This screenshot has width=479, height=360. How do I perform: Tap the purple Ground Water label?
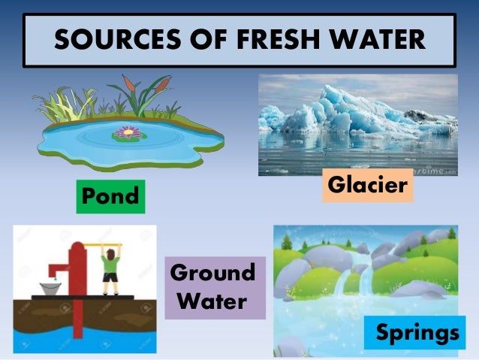[212, 286]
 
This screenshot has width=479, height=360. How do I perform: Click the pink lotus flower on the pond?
[127, 133]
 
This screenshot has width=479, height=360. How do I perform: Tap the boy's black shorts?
[110, 276]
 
